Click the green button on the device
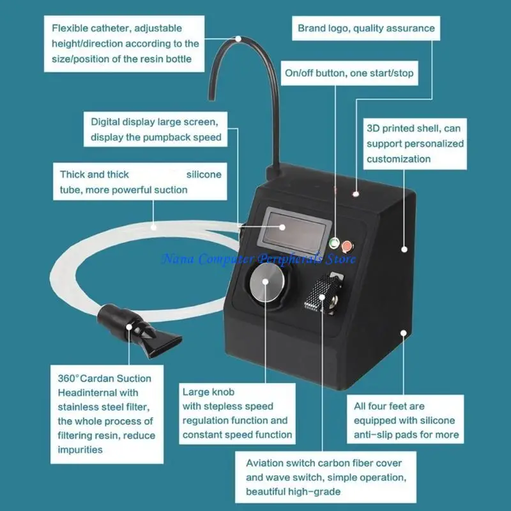click(x=333, y=243)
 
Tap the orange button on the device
click(x=347, y=245)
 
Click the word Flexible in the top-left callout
click(x=71, y=28)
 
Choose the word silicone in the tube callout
click(x=204, y=174)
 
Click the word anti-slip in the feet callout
click(x=378, y=435)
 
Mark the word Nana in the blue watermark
click(x=176, y=259)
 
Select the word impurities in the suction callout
click(x=80, y=450)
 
